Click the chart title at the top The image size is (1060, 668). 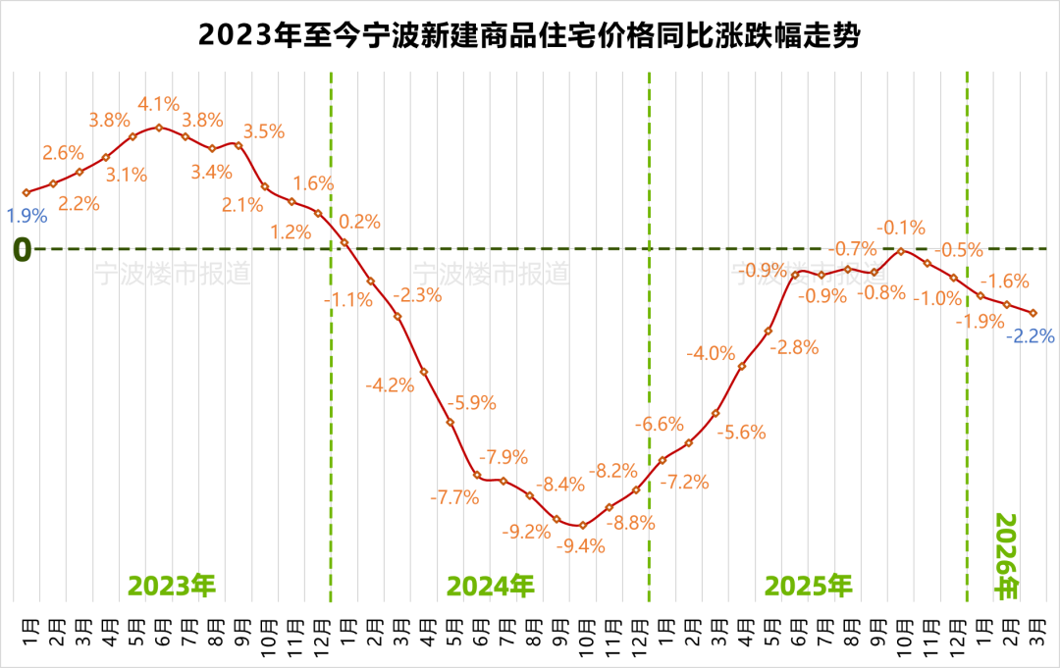(x=530, y=37)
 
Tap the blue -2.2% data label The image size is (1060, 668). (x=1031, y=335)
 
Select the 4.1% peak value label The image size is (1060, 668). (x=158, y=103)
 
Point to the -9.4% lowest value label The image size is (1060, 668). (x=582, y=546)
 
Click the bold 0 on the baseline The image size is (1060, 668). (x=22, y=250)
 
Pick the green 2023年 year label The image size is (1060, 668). (x=172, y=586)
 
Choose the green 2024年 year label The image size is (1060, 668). (x=491, y=586)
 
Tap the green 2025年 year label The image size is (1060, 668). (x=809, y=586)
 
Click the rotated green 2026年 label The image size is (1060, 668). (x=1007, y=555)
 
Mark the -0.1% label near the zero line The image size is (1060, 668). (x=901, y=228)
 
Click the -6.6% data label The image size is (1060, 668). (x=659, y=424)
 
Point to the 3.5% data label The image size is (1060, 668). (x=263, y=131)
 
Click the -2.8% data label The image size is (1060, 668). (x=793, y=346)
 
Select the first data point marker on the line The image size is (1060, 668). (x=26, y=192)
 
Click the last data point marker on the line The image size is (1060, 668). (x=1033, y=313)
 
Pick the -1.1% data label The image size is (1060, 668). (x=348, y=300)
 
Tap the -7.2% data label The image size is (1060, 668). (x=684, y=482)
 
